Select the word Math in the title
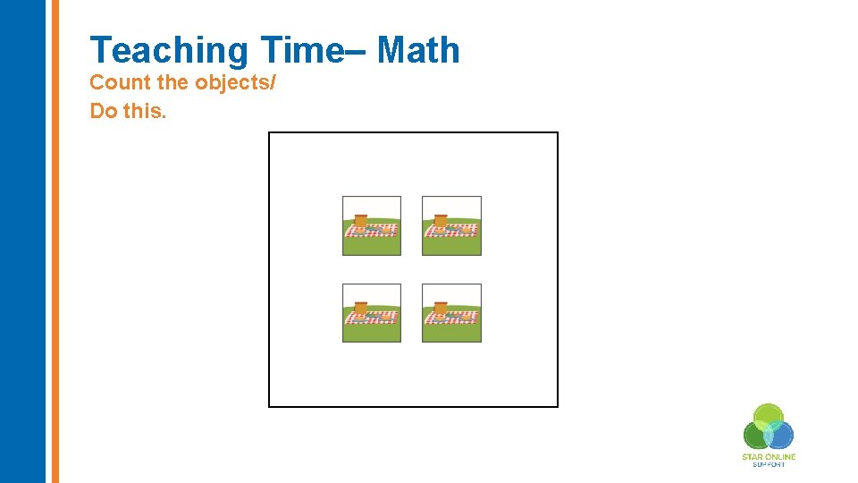418,50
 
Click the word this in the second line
143,112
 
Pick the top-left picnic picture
372,225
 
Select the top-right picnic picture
451,225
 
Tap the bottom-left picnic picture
372,312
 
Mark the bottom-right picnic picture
451,312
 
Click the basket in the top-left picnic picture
361,220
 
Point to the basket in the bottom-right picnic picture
441,309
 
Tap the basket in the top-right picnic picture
441,220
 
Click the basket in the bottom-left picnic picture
361,309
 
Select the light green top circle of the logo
768,415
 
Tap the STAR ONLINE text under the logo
769,457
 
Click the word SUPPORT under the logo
769,464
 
